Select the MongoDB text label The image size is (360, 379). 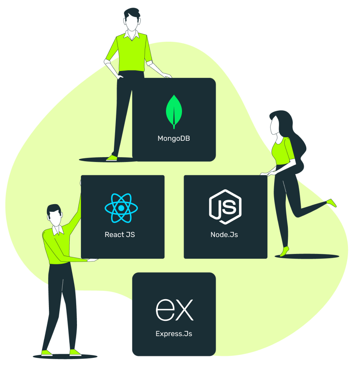[174, 139]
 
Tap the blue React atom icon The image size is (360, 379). [121, 208]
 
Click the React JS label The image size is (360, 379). [119, 235]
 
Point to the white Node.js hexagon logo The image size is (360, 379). [225, 207]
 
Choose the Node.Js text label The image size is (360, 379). [224, 235]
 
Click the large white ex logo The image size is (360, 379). [174, 310]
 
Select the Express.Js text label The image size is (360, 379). [174, 334]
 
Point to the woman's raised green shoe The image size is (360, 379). [332, 203]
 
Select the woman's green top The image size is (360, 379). [283, 151]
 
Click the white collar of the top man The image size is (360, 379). [131, 35]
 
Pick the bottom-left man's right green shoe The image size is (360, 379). [75, 353]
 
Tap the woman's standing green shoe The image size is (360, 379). [284, 251]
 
